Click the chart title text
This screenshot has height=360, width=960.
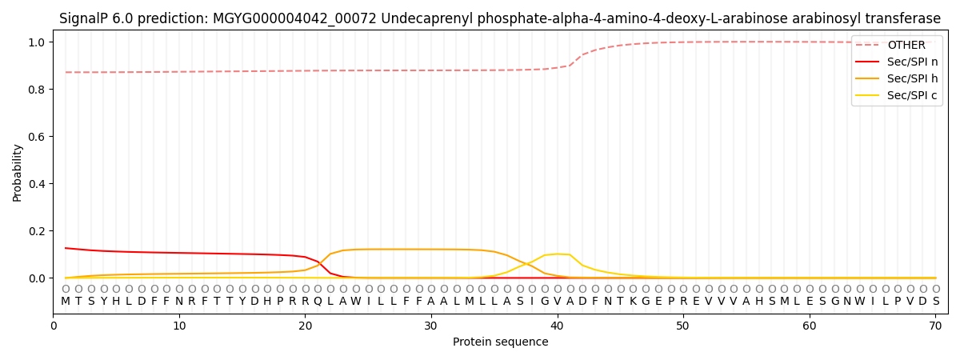coord(500,18)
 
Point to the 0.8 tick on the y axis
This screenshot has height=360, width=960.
coord(38,90)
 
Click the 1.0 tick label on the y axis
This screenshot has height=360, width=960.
coord(38,42)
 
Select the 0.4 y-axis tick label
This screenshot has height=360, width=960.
coord(38,184)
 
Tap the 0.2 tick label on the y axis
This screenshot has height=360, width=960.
coord(38,231)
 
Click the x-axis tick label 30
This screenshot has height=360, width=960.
coord(431,326)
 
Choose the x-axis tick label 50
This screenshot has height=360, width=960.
coord(683,326)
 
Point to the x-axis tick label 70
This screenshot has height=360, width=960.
coord(935,326)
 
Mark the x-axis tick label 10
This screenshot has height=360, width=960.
coord(179,326)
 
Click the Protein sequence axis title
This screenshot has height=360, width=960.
coord(500,342)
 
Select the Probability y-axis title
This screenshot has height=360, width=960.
coord(18,172)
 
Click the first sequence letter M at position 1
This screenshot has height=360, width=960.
coord(66,302)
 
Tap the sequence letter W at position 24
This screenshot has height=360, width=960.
coord(356,302)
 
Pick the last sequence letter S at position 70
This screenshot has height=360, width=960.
coord(935,302)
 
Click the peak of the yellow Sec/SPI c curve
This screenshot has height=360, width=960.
coord(558,254)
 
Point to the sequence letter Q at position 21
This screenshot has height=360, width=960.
coord(318,302)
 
